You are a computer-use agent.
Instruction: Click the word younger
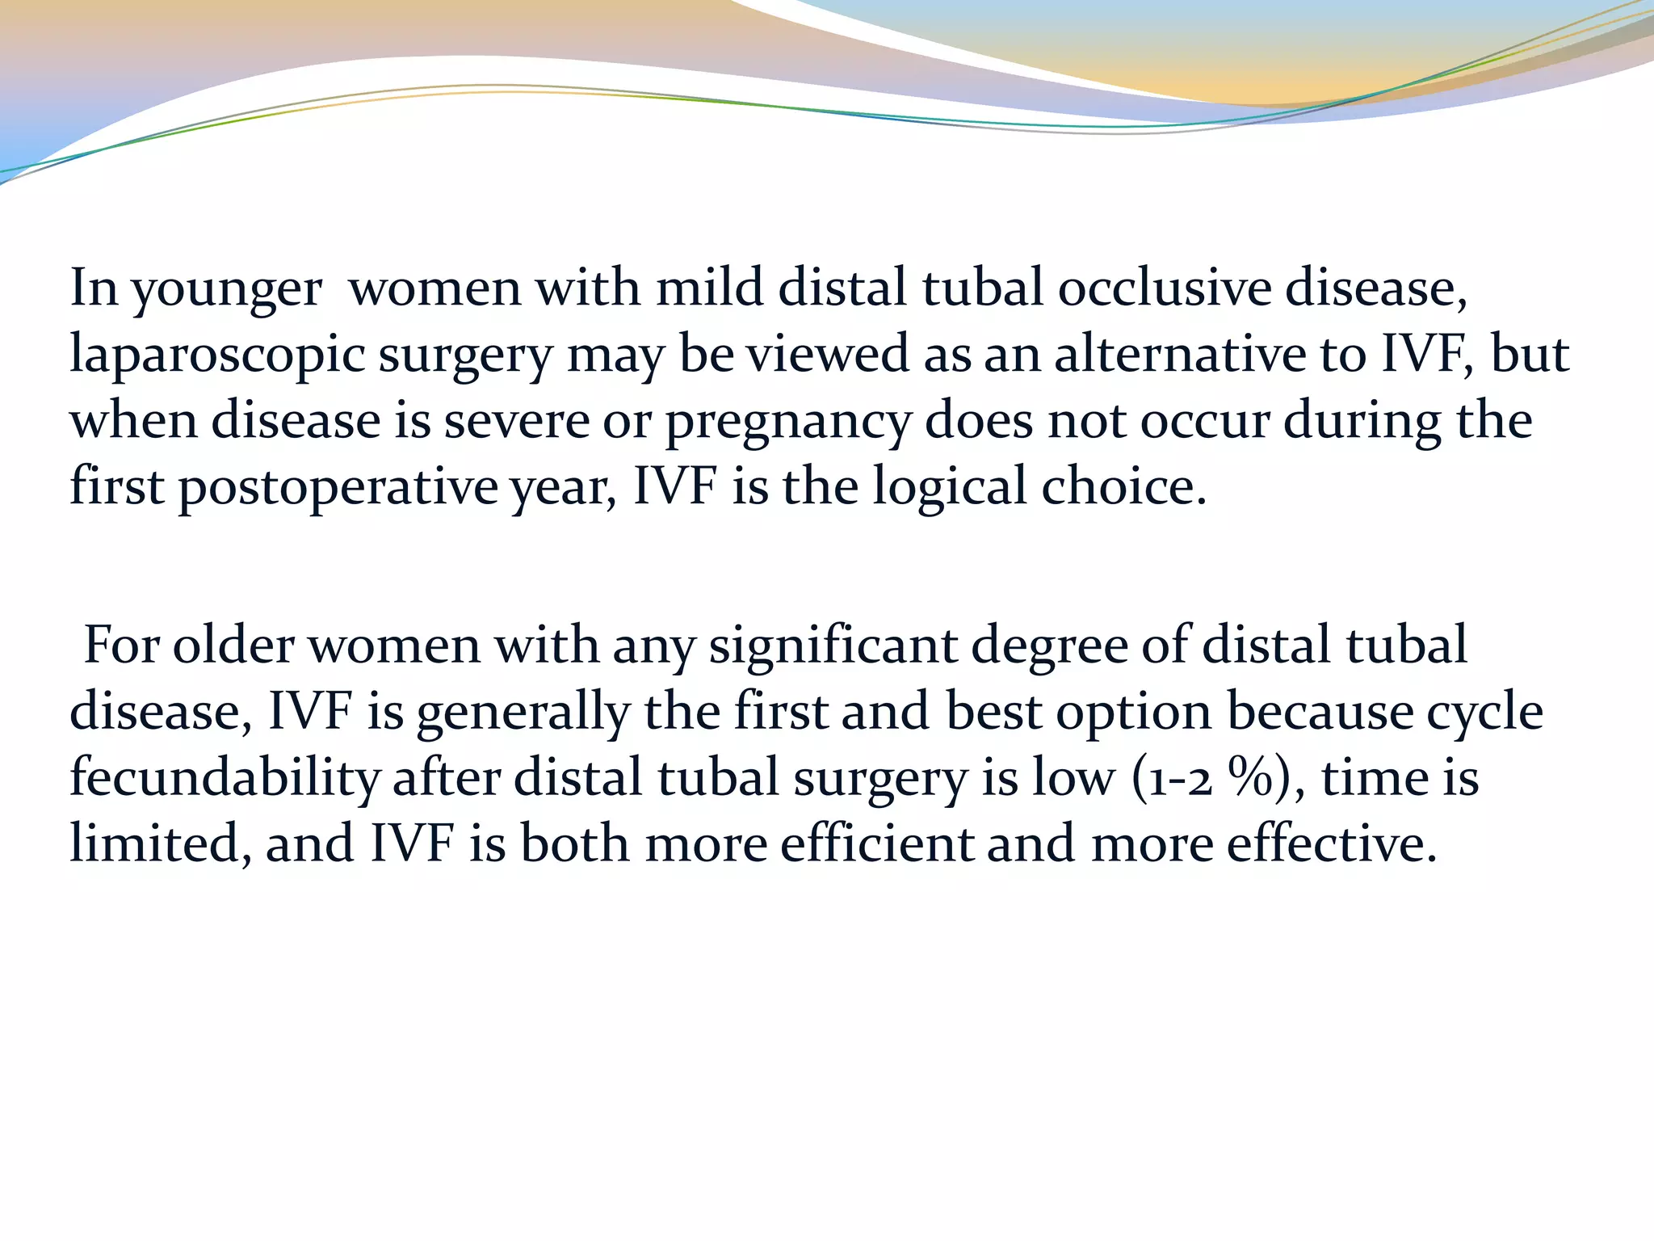tap(227, 289)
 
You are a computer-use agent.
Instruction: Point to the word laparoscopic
tap(217, 355)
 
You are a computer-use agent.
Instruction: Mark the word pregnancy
tap(787, 423)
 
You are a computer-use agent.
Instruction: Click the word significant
tap(833, 646)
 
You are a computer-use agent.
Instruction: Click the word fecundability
tap(225, 779)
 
